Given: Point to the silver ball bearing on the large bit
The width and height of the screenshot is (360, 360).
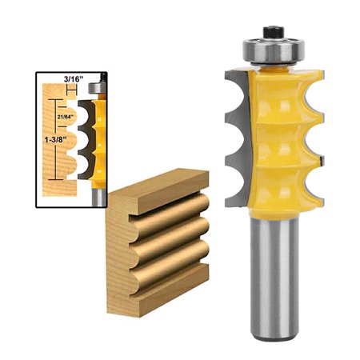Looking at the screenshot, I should coord(271,50).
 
